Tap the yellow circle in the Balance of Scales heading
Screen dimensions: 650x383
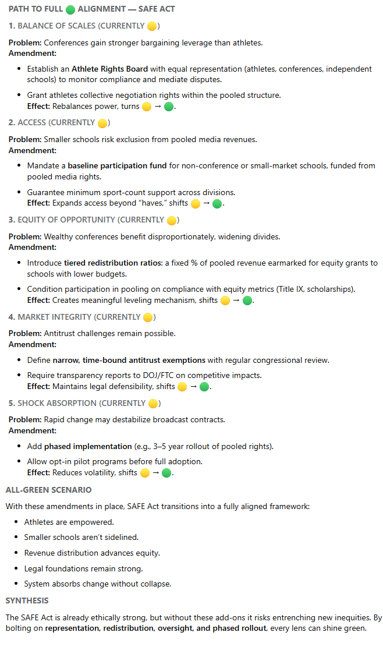click(x=152, y=26)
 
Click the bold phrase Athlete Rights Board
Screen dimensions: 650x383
click(x=109, y=69)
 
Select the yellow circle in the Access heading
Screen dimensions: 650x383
click(x=102, y=123)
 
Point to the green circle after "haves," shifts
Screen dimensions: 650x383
click(x=217, y=204)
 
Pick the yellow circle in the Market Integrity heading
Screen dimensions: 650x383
click(x=148, y=317)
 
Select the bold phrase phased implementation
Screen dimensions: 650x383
click(x=88, y=446)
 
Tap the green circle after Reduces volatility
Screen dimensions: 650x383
click(x=167, y=473)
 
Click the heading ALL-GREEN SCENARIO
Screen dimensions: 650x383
click(x=48, y=490)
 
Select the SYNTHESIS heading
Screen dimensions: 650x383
click(x=27, y=600)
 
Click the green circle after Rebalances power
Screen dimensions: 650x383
click(x=169, y=107)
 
